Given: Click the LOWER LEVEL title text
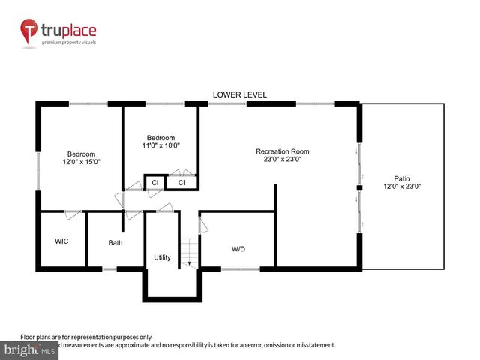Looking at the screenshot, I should pyautogui.click(x=239, y=94).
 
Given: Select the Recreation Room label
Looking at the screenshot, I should pyautogui.click(x=282, y=151).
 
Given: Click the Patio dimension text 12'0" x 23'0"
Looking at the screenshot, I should pyautogui.click(x=402, y=186).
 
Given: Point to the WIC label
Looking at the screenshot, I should pyautogui.click(x=62, y=241).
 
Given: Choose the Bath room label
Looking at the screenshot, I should pyautogui.click(x=115, y=242).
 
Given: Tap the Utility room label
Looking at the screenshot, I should pyautogui.click(x=162, y=257).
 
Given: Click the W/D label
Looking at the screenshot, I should pyautogui.click(x=238, y=248).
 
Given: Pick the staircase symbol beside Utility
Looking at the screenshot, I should pyautogui.click(x=190, y=250).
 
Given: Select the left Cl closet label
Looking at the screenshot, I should pyautogui.click(x=155, y=182).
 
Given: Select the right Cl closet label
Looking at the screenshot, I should pyautogui.click(x=181, y=182).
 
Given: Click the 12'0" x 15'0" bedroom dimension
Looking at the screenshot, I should pyautogui.click(x=81, y=161).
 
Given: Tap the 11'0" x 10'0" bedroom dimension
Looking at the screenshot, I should pyautogui.click(x=160, y=146).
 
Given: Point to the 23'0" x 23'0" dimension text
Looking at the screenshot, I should pyautogui.click(x=282, y=159).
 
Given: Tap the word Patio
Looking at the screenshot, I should pyautogui.click(x=402, y=178).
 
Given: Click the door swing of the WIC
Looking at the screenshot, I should pyautogui.click(x=73, y=215).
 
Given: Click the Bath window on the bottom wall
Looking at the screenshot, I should pyautogui.click(x=109, y=268).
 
